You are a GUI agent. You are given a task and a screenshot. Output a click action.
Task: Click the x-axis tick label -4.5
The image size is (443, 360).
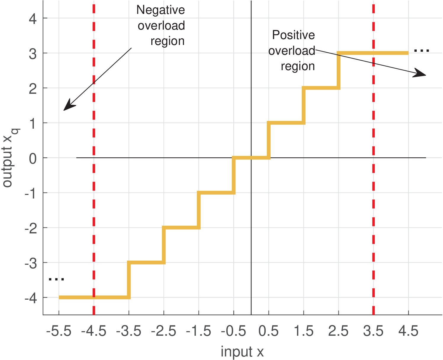94,331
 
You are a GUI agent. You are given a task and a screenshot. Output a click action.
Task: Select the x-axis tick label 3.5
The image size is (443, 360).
373,331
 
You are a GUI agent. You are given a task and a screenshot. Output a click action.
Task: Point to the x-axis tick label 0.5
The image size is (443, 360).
269,331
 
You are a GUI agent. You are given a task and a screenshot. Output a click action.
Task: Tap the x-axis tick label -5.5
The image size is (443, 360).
59,331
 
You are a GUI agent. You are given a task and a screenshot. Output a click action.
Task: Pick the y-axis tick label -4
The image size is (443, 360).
31,298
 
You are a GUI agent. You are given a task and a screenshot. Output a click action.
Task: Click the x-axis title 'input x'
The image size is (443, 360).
242,352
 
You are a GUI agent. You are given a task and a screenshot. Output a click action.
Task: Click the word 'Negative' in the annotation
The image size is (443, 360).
160,10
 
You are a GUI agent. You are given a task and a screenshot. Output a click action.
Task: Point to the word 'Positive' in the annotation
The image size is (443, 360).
293,35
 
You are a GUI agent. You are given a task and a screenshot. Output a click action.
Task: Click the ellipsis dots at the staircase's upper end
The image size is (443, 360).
421,51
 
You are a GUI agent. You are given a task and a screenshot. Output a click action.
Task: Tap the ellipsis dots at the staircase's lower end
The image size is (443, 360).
56,279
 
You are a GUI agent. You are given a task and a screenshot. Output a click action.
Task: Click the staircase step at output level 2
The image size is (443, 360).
321,88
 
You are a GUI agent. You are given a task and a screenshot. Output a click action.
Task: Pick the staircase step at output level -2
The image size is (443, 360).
181,227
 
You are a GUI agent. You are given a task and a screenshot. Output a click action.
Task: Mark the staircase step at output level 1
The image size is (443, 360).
286,123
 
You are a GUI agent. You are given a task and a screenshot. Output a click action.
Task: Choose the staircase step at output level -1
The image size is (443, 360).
216,193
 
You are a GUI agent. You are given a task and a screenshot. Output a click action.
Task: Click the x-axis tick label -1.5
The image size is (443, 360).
198,331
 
